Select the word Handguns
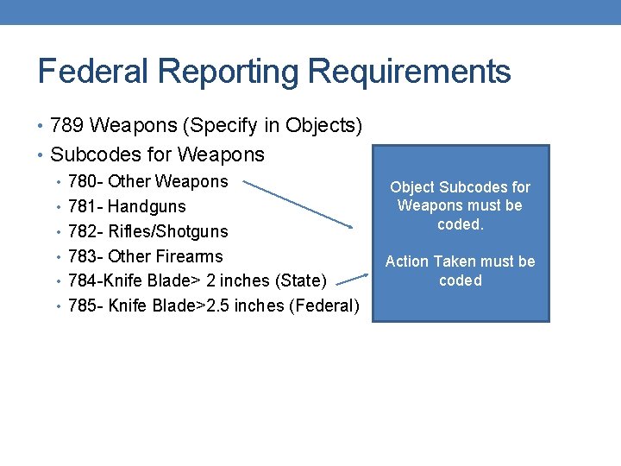(x=147, y=207)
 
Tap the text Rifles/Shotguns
(x=168, y=232)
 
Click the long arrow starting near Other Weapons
(x=298, y=204)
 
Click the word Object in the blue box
(x=411, y=187)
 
